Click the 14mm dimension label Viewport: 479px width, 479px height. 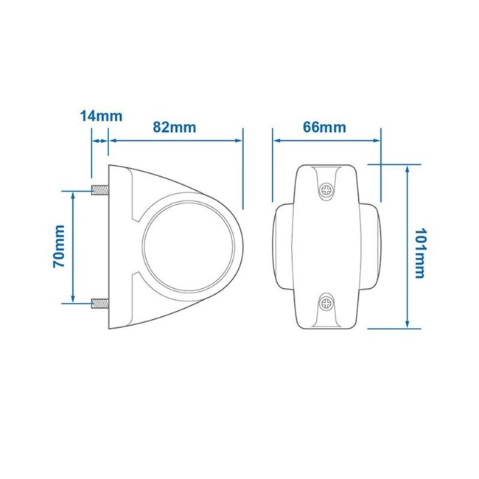tap(102, 116)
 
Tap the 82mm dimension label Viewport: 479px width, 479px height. tap(175, 126)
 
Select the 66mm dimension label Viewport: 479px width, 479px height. tap(324, 126)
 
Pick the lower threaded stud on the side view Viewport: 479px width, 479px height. tap(100, 301)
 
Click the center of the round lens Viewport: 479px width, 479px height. tap(190, 246)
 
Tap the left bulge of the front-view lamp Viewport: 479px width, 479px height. tap(280, 246)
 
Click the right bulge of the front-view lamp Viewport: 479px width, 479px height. tap(373, 246)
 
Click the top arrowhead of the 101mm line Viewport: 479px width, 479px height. tap(408, 169)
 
